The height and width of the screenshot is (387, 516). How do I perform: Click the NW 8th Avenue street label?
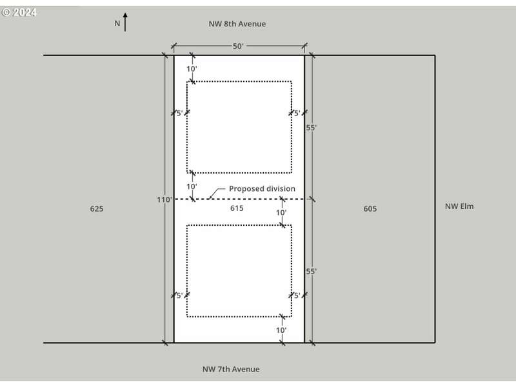(x=237, y=24)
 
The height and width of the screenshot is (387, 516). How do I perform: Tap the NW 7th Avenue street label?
(x=231, y=369)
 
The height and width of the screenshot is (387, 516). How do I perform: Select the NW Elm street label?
(x=459, y=206)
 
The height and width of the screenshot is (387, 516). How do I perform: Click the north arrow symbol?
(x=125, y=22)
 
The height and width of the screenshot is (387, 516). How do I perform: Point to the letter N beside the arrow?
(x=117, y=23)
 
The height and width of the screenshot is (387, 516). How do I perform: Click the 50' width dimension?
(x=238, y=46)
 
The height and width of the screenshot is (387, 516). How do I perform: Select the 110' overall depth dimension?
(x=164, y=199)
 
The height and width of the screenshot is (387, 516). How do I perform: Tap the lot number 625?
(x=97, y=208)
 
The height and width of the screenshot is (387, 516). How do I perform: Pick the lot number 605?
(x=370, y=208)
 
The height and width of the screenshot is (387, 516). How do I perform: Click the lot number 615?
(x=237, y=208)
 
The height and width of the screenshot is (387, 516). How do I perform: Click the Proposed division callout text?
(x=262, y=188)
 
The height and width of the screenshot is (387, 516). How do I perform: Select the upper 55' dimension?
(x=312, y=127)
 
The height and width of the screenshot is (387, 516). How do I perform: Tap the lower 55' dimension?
(x=312, y=272)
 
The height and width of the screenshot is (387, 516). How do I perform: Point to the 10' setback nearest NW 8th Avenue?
(x=192, y=69)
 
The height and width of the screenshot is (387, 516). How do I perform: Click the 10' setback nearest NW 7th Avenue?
(x=281, y=330)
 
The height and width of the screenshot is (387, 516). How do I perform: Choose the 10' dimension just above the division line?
(x=192, y=186)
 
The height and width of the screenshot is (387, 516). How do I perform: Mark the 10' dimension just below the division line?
(x=281, y=213)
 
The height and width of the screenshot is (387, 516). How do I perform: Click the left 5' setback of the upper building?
(x=180, y=114)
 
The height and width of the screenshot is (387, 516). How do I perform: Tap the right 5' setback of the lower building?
(x=297, y=295)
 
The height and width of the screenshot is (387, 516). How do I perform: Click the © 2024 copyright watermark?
(x=19, y=12)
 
